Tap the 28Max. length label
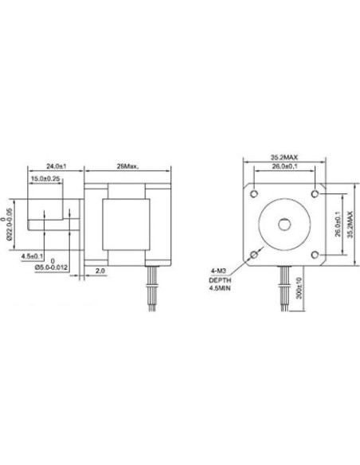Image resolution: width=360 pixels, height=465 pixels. [127, 166]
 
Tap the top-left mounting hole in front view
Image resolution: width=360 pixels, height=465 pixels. [254, 192]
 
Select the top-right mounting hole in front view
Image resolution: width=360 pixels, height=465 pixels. [317, 193]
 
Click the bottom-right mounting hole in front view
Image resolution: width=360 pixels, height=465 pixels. [317, 255]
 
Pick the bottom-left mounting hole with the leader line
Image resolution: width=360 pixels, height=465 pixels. [254, 255]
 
